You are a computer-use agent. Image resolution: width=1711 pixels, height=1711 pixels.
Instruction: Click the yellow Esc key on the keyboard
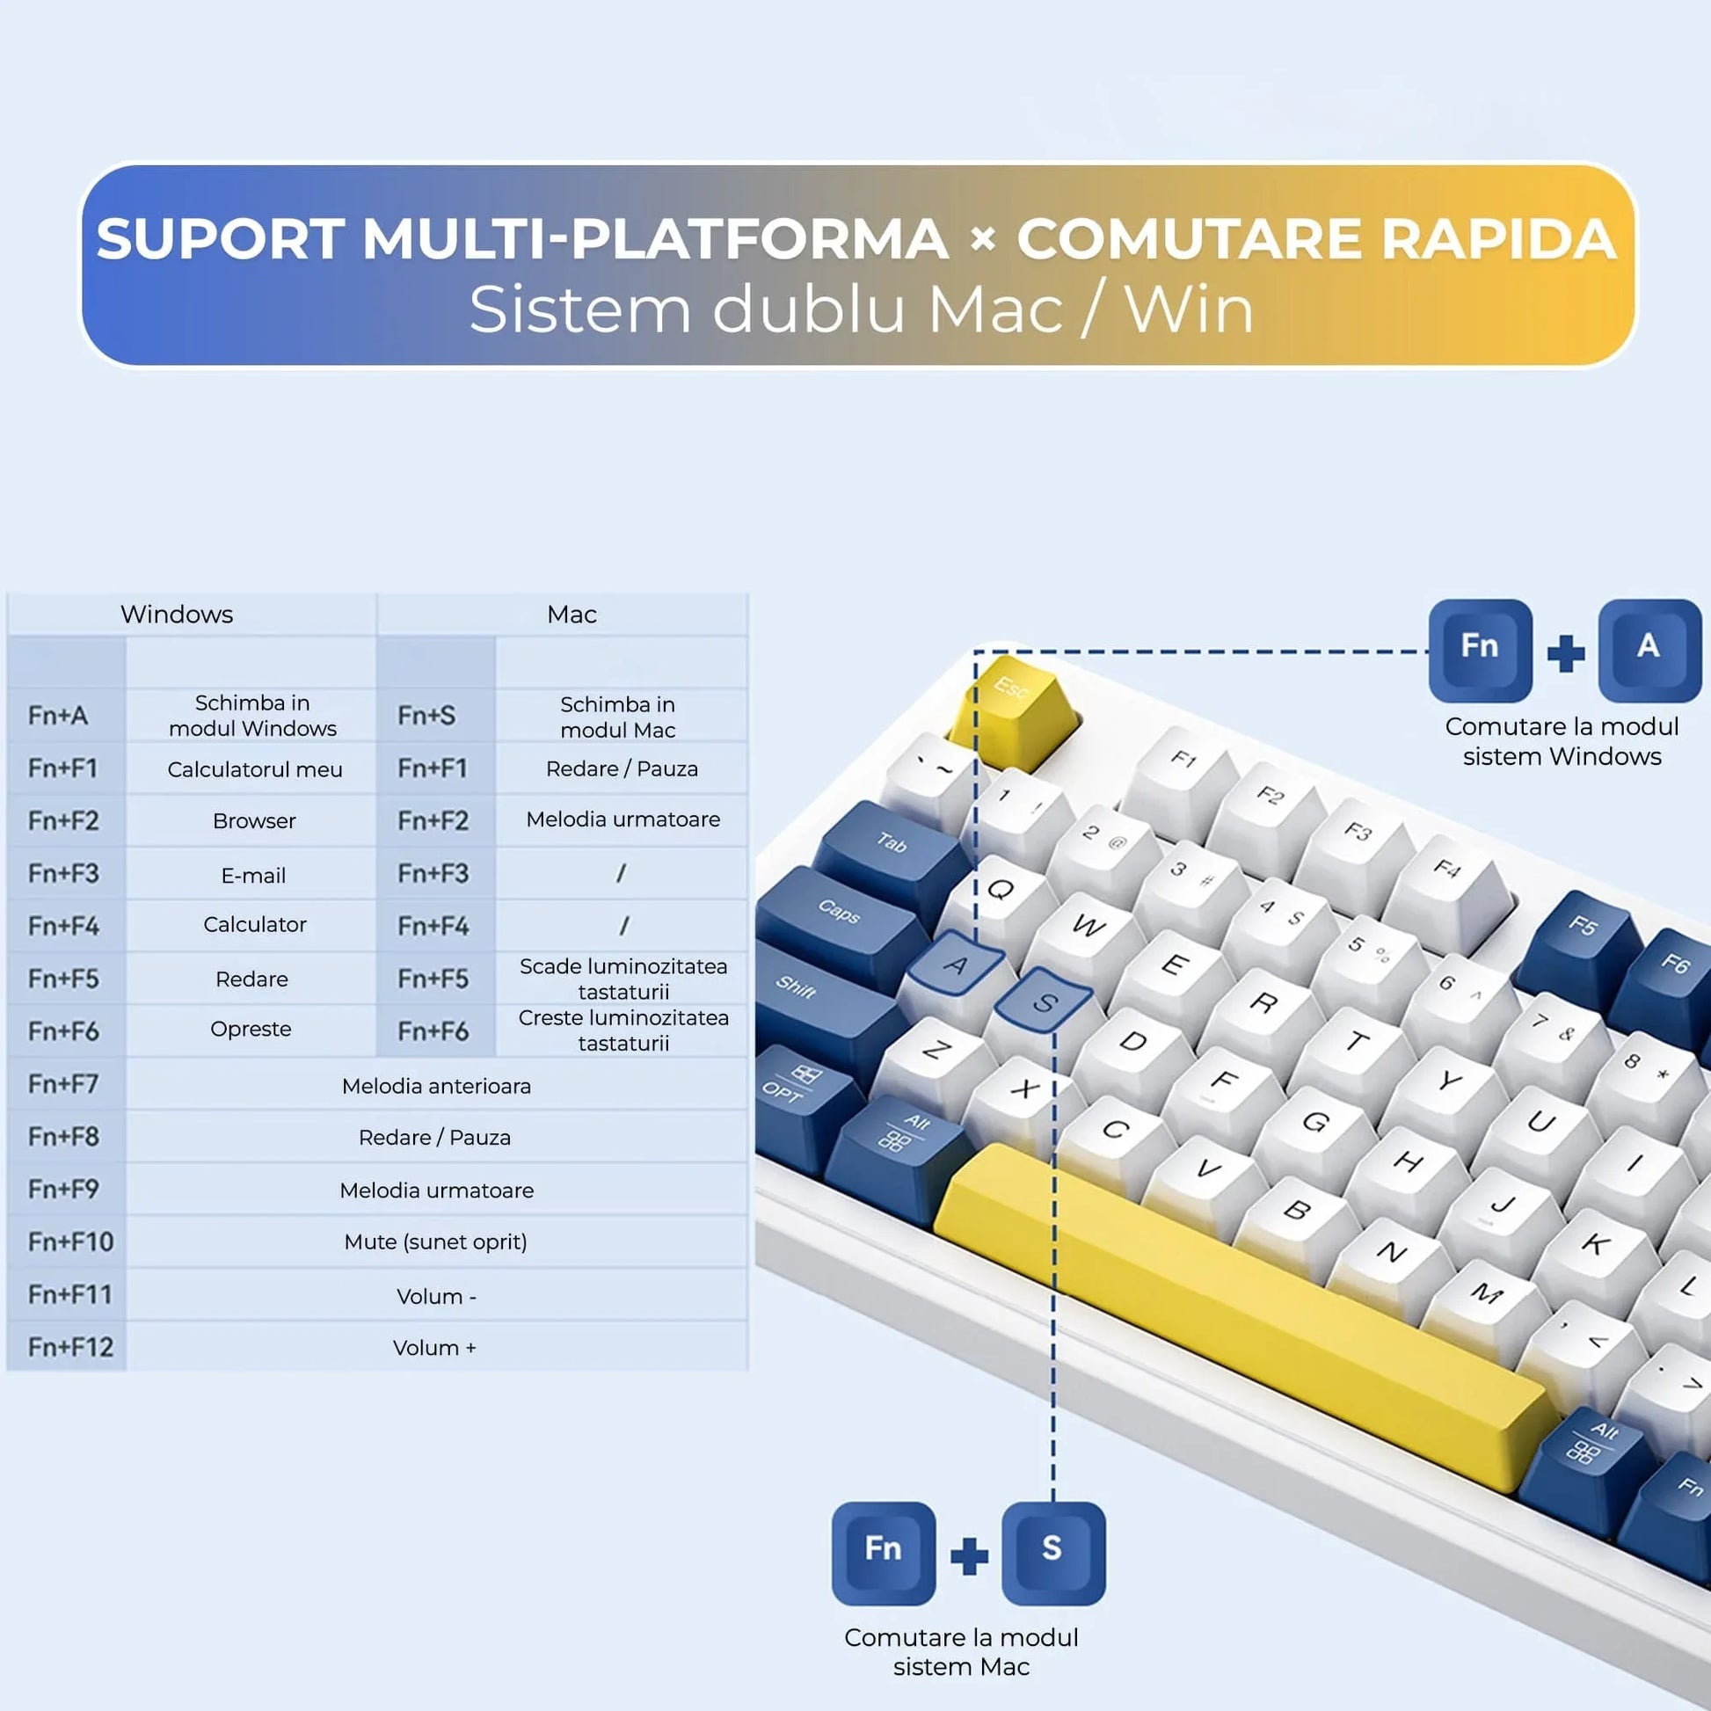[x=1011, y=700]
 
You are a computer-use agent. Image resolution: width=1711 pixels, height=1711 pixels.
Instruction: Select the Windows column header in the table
[x=176, y=614]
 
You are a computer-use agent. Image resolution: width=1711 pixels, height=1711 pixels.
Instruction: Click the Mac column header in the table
[x=572, y=614]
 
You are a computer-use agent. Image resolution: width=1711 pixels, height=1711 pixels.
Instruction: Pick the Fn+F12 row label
[x=70, y=1347]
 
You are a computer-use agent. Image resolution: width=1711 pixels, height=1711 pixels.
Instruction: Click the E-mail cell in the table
[x=253, y=875]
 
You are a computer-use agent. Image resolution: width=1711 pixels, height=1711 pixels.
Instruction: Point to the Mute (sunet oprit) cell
[x=436, y=1241]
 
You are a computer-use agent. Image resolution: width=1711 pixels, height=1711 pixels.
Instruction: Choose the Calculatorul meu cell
[x=254, y=768]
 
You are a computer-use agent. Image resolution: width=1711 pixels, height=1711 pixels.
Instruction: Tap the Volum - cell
[x=436, y=1296]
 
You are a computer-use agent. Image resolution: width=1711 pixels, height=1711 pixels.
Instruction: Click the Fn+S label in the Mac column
[x=426, y=715]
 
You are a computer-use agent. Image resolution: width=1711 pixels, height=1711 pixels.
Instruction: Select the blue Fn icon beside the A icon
[x=1479, y=648]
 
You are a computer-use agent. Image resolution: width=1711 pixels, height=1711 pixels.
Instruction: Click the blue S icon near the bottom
[x=1052, y=1552]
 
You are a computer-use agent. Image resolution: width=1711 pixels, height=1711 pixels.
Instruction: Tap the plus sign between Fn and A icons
[x=1565, y=653]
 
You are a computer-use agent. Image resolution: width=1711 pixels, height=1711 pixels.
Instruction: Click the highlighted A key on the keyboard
[x=954, y=964]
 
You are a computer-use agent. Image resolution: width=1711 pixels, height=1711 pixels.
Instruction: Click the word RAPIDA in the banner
[x=1498, y=239]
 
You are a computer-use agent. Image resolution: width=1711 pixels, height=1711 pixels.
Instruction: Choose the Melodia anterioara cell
[x=436, y=1086]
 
